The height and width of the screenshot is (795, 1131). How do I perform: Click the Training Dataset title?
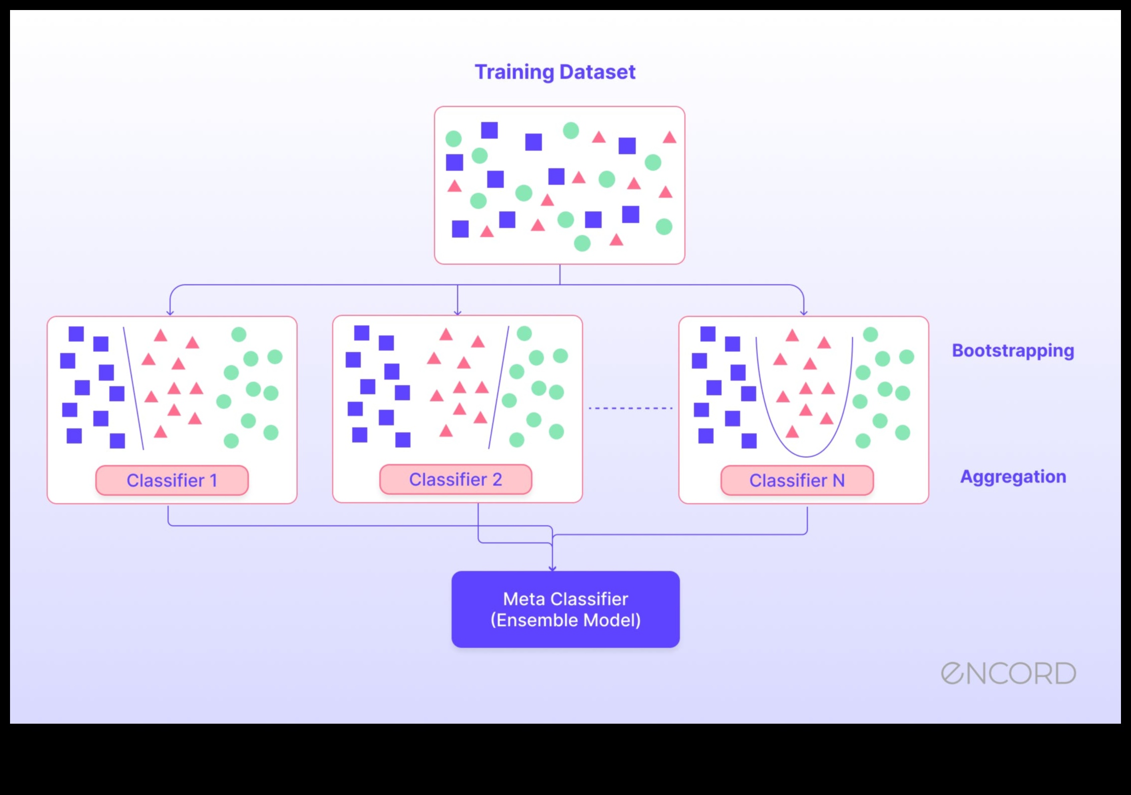[555, 72]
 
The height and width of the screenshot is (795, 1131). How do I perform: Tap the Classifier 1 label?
[172, 481]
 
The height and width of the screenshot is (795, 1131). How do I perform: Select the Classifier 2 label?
[455, 480]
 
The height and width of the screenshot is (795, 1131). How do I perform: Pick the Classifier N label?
[797, 481]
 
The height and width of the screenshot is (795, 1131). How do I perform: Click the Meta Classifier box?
[565, 609]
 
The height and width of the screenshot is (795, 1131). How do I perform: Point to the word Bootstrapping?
[1013, 351]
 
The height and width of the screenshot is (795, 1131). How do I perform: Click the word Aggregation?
[1013, 477]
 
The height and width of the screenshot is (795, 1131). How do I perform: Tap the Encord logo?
[1008, 673]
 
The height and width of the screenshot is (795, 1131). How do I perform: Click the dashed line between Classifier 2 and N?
[630, 408]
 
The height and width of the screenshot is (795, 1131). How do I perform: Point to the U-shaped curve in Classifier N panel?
[806, 455]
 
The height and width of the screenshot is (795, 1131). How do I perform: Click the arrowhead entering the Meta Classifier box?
[552, 568]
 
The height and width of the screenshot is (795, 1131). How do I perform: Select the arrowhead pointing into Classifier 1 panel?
[170, 312]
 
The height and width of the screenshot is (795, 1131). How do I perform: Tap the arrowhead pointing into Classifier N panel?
[804, 312]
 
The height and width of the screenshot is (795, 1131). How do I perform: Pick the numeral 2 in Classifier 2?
[497, 480]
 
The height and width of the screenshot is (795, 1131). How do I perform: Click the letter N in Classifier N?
[838, 481]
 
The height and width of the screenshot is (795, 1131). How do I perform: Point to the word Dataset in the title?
[597, 72]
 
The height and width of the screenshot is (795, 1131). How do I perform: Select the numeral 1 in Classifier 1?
[214, 481]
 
